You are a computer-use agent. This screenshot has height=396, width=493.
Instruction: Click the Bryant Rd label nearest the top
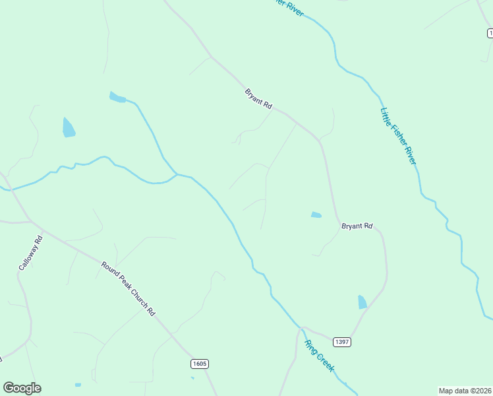[258, 99]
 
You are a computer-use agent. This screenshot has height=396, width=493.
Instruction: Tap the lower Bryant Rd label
[357, 226]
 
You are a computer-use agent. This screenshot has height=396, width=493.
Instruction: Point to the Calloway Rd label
[30, 253]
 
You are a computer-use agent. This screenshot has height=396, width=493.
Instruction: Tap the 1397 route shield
[341, 342]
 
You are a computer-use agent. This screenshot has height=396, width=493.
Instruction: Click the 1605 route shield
[200, 364]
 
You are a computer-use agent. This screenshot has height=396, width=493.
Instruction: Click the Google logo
[22, 388]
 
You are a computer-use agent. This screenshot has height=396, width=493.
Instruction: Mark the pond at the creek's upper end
[117, 98]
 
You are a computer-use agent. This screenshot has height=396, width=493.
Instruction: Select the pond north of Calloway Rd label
[69, 127]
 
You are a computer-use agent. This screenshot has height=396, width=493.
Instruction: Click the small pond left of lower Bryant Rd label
[316, 214]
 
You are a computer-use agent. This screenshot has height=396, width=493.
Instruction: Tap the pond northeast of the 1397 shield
[362, 302]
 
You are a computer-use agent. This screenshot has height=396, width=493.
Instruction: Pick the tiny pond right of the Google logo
[78, 385]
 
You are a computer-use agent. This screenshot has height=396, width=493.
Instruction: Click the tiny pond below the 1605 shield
[192, 378]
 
